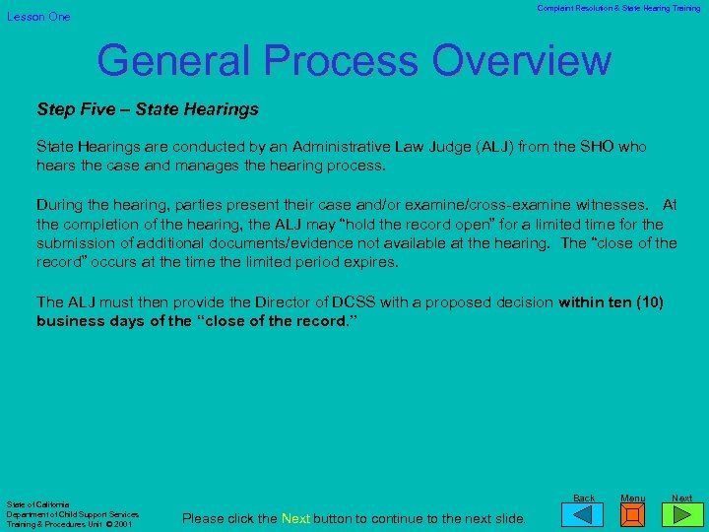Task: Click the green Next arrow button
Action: click(x=681, y=515)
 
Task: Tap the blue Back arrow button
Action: click(x=584, y=515)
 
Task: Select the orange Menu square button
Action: click(x=633, y=515)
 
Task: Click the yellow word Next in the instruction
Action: click(x=296, y=518)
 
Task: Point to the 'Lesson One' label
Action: click(x=39, y=17)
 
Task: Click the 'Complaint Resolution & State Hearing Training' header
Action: click(x=618, y=8)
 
